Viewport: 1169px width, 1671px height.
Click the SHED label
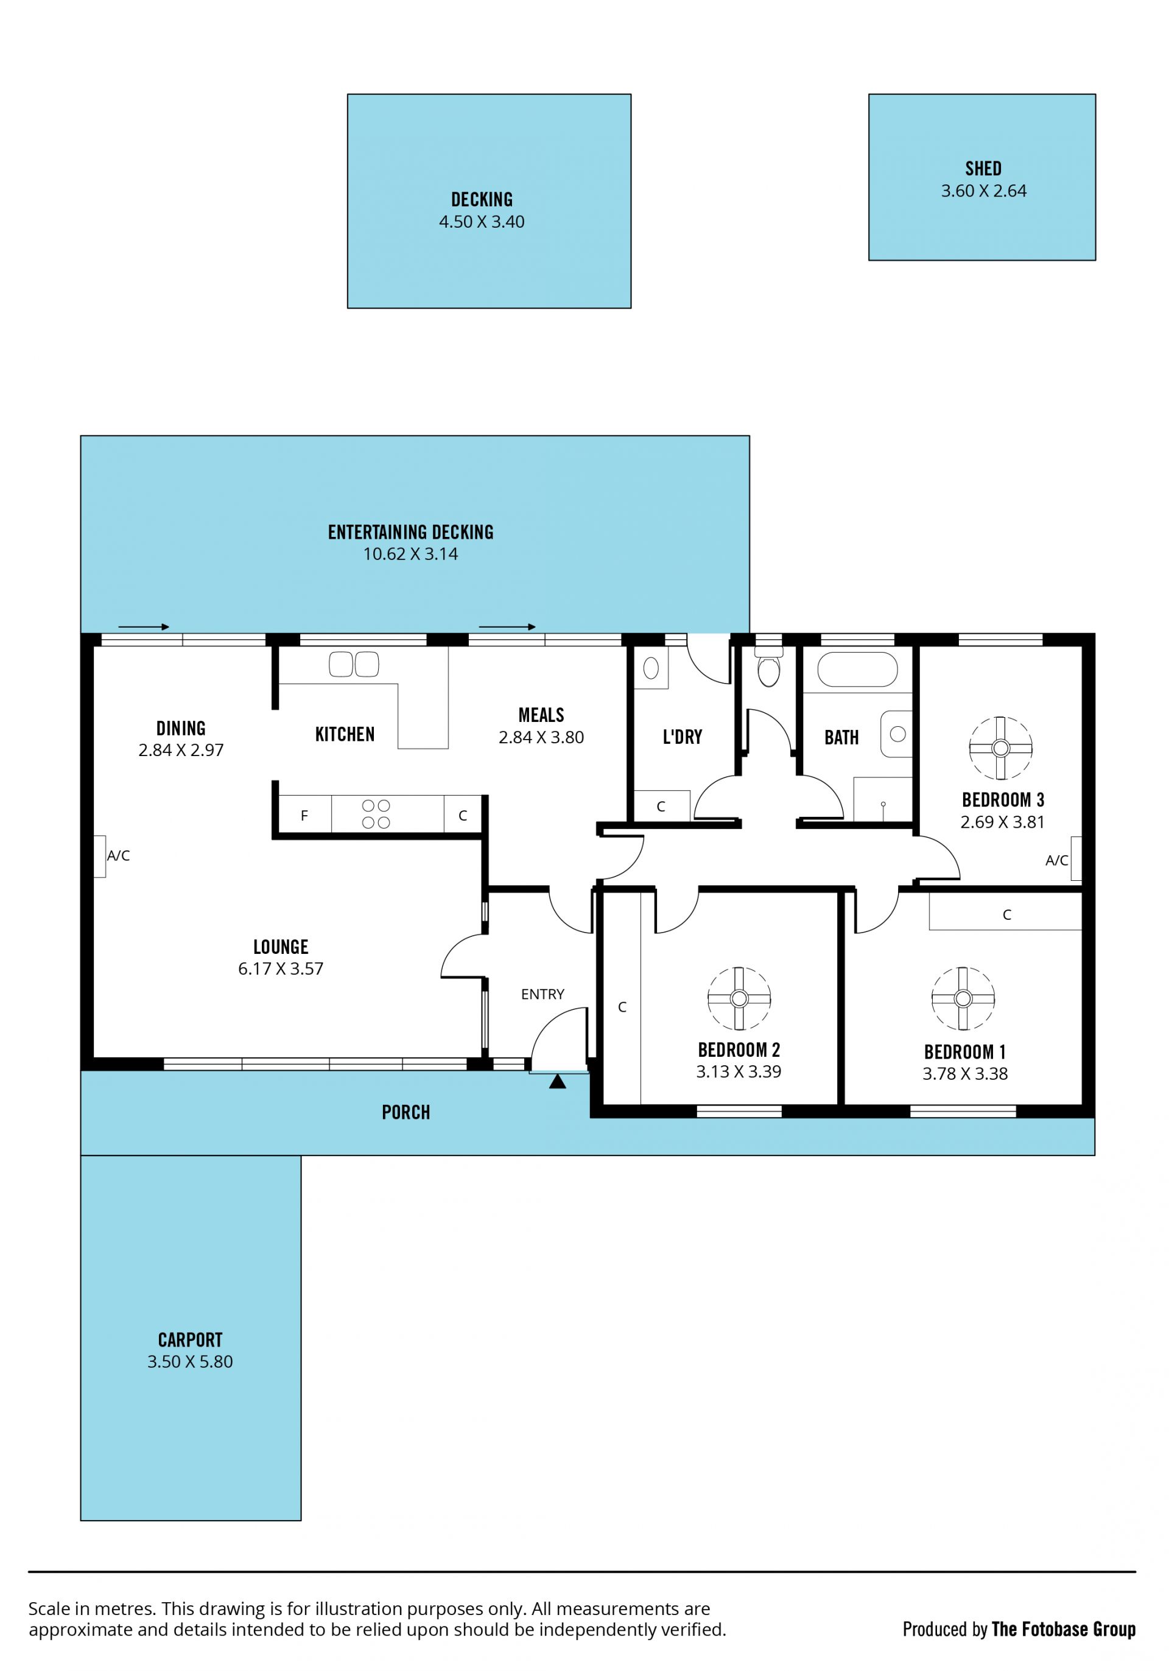coord(983,169)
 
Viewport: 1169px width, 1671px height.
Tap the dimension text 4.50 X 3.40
coord(481,222)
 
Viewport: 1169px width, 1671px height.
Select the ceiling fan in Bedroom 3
coord(1000,748)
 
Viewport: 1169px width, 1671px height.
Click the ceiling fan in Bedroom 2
coord(739,998)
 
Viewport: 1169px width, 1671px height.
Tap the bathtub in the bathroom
coord(857,669)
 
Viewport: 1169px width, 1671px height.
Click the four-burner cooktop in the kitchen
coord(376,814)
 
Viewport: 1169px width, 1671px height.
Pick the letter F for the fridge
coord(304,816)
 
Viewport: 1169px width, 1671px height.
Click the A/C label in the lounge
coord(119,856)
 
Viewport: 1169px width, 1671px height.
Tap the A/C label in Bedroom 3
coord(1057,861)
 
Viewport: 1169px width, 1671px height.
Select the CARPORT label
coord(190,1340)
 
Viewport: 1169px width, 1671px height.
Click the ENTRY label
coord(542,994)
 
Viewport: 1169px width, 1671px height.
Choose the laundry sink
coord(651,667)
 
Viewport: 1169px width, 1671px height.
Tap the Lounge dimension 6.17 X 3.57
coord(280,969)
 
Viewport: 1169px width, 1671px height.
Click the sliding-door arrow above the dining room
coord(144,626)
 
